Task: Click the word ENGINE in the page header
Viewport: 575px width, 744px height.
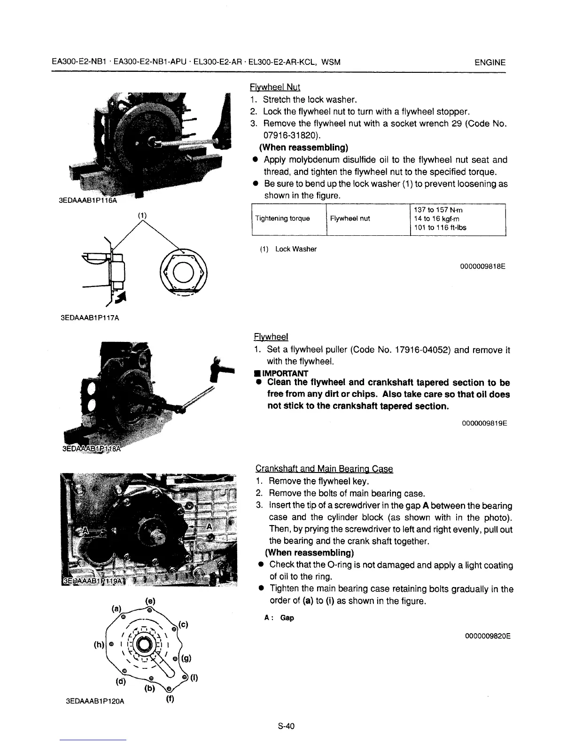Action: point(490,62)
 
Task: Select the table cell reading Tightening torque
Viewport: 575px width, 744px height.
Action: point(282,218)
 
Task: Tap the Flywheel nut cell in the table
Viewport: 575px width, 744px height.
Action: point(350,218)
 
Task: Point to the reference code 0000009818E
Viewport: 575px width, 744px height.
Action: point(482,267)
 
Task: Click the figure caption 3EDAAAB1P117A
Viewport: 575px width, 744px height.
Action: point(90,318)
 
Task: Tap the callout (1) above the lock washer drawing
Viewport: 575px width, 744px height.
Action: point(142,216)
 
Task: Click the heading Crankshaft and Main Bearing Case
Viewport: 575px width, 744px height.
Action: point(324,469)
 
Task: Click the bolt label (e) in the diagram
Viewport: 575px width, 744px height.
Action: point(150,601)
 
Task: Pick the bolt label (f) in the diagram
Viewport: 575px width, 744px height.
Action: point(170,698)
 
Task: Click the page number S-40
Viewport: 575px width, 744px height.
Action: point(286,726)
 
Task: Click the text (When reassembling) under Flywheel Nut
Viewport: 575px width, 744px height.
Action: point(303,147)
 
